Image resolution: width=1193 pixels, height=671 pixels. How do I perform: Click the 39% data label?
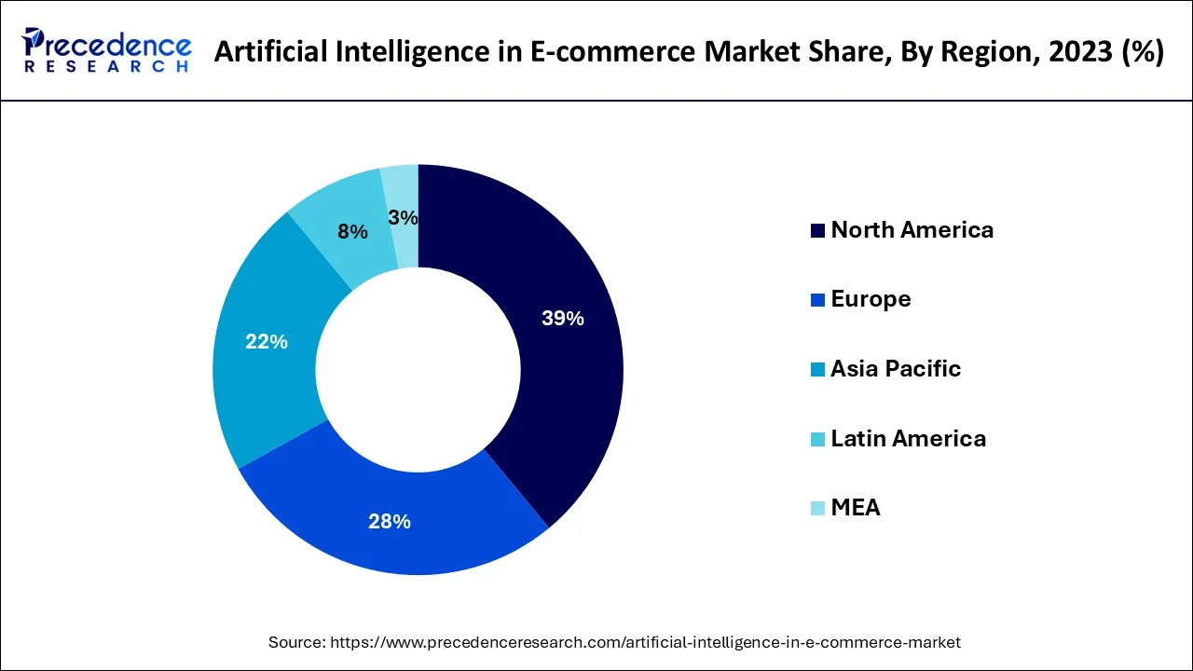tap(562, 319)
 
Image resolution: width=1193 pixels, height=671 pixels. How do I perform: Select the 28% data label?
tap(390, 522)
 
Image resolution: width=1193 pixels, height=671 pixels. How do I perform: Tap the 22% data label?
tap(267, 342)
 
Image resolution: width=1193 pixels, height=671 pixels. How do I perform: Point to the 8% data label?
tap(352, 232)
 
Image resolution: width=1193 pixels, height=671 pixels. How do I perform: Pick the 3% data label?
tap(403, 217)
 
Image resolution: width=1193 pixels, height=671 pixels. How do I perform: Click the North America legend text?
tap(912, 230)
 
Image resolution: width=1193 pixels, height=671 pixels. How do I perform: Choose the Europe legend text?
tap(871, 299)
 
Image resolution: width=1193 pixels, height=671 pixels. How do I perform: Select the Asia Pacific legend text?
tap(895, 369)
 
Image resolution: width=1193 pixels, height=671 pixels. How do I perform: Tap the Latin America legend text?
tap(908, 438)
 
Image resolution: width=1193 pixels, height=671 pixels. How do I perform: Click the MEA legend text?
tap(855, 508)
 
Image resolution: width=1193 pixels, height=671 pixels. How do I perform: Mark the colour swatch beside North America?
tap(817, 231)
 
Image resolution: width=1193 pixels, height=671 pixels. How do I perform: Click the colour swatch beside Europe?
tap(817, 300)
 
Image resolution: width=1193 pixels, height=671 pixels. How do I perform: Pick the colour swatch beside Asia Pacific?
tap(817, 370)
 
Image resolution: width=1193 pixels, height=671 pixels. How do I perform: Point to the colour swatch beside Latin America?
tap(817, 439)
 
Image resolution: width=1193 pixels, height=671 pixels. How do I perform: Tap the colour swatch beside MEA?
tap(817, 509)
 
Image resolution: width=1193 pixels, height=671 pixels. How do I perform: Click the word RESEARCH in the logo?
tap(107, 66)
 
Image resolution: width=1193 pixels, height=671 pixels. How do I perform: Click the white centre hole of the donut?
tap(418, 370)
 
